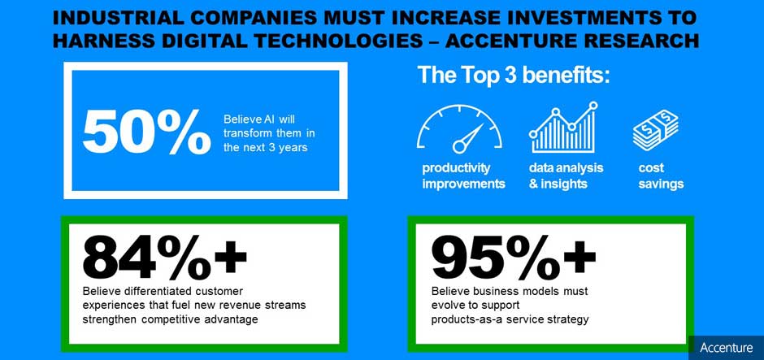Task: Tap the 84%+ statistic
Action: [165, 257]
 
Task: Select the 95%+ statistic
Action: [514, 257]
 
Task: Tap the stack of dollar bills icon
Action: [655, 129]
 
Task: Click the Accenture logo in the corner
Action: [726, 348]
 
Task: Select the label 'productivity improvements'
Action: [463, 176]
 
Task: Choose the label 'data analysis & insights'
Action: [566, 176]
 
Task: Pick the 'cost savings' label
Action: [661, 176]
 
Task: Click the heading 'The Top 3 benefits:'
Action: [514, 76]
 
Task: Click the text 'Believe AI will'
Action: [260, 119]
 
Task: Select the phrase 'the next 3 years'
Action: [266, 148]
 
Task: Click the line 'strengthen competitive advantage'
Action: [170, 319]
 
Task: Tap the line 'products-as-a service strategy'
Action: [510, 319]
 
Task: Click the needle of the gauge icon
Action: [469, 137]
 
